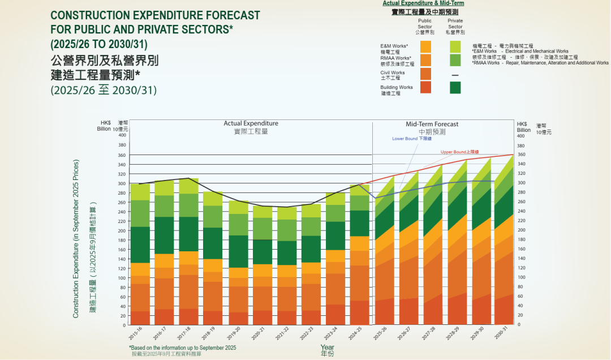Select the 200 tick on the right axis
(521, 230)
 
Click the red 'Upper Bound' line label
(459, 152)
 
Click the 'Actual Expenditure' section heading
(251, 123)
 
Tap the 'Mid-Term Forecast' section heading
(432, 124)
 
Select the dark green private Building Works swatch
(455, 88)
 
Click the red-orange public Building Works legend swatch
(426, 87)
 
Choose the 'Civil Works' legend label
(393, 72)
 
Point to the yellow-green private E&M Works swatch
(455, 46)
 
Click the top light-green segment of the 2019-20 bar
(238, 207)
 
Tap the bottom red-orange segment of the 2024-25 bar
(359, 313)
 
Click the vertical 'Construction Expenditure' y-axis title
(76, 238)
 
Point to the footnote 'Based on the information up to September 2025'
(182, 348)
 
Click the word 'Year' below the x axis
(327, 347)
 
